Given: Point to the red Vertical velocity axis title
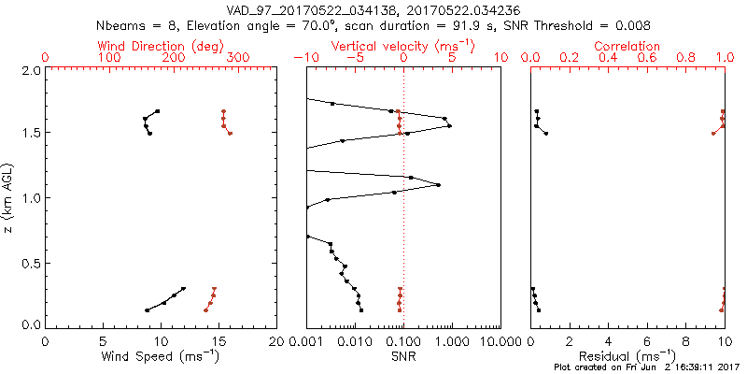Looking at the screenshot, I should pyautogui.click(x=402, y=45).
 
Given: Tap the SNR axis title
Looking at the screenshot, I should pyautogui.click(x=402, y=356).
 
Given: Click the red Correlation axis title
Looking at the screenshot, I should pyautogui.click(x=627, y=45).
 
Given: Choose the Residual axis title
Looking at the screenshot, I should pyautogui.click(x=627, y=356).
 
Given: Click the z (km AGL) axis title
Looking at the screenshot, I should pyautogui.click(x=8, y=197).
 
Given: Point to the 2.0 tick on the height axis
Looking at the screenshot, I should pyautogui.click(x=30, y=70).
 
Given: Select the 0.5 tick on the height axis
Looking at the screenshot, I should pyautogui.click(x=30, y=262).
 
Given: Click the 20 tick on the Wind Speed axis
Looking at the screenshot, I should pyautogui.click(x=275, y=340).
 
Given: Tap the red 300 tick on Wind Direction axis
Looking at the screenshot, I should pyautogui.click(x=238, y=58).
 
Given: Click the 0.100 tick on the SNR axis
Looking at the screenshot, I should pyautogui.click(x=402, y=340).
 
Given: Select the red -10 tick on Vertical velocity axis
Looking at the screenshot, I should pyautogui.click(x=303, y=58).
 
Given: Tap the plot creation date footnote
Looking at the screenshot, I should pyautogui.click(x=646, y=367).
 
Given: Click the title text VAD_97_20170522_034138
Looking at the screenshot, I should pyautogui.click(x=313, y=10).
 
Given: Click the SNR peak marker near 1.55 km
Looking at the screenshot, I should pyautogui.click(x=450, y=125).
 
